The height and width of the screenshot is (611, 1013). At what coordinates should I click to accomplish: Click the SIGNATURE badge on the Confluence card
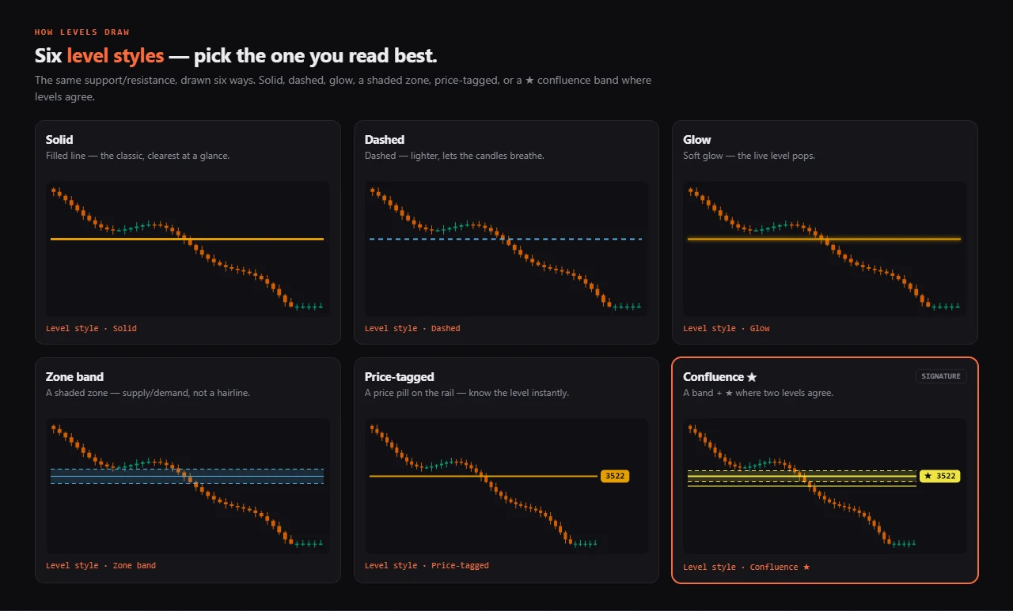(941, 376)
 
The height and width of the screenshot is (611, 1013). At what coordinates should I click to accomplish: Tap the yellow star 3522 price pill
(939, 476)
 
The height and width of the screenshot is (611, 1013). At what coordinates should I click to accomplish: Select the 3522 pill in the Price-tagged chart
(615, 476)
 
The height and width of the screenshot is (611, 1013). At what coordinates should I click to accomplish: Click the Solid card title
(59, 140)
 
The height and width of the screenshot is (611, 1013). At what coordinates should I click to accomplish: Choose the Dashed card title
(385, 140)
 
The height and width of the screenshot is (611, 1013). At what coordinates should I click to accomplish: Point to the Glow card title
(697, 140)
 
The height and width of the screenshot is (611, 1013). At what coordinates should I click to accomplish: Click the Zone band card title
(74, 376)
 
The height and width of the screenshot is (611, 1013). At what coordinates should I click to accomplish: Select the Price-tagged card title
(400, 376)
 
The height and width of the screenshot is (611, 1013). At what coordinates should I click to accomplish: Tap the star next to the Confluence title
(752, 376)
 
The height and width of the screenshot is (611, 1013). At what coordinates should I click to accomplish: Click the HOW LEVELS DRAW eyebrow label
(82, 32)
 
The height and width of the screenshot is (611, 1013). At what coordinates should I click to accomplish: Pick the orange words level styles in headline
(116, 55)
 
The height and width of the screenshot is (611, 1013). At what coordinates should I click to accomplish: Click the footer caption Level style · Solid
(91, 328)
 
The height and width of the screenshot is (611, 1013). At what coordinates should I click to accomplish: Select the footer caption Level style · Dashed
(412, 328)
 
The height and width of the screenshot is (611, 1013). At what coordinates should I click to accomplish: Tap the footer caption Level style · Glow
(727, 328)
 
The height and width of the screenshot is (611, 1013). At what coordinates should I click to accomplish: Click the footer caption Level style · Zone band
(101, 565)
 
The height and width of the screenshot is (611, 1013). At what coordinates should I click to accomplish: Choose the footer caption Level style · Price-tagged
(427, 565)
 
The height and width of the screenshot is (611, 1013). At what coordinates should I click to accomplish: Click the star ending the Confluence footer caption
(806, 567)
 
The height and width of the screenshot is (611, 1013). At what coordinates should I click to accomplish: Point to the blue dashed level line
(506, 239)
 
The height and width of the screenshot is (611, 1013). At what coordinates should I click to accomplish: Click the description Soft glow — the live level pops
(749, 156)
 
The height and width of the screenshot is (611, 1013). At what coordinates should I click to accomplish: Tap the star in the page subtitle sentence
(529, 81)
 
